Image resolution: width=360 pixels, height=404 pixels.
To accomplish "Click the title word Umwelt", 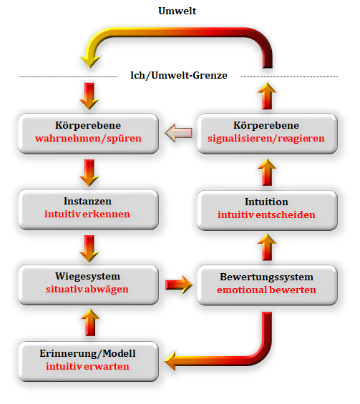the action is [177, 11].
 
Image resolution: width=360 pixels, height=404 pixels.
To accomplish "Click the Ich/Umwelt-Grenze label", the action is [179, 76].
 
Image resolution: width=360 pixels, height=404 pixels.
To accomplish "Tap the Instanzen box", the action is [88, 210].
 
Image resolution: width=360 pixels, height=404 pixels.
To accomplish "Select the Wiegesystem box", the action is [88, 285].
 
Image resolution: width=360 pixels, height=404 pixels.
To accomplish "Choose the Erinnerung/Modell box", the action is [88, 361].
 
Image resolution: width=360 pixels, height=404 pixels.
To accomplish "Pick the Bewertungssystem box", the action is [267, 285].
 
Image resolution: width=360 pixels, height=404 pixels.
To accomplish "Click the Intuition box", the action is [267, 210].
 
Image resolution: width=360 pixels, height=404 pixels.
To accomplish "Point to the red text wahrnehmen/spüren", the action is [88, 138].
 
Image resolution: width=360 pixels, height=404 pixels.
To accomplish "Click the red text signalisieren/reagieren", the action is [266, 138].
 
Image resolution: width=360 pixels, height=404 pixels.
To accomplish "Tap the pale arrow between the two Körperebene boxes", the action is [178, 133].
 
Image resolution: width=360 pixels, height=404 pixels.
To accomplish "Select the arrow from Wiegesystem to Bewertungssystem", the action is [179, 285].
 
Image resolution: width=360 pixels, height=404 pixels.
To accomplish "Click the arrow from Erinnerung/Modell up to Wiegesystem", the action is [90, 322].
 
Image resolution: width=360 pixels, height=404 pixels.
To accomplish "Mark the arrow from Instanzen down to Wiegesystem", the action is [89, 249].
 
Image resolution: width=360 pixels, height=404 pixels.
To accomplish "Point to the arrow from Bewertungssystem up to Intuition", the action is [267, 247].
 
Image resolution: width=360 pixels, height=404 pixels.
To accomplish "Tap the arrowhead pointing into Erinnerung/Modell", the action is [170, 360].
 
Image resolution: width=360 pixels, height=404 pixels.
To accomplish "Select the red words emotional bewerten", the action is [266, 290].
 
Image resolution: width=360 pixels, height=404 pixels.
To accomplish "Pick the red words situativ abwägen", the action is [87, 290].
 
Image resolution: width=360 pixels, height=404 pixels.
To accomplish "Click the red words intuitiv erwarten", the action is [87, 366].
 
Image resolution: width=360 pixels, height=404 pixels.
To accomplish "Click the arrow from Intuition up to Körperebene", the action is [267, 172].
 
